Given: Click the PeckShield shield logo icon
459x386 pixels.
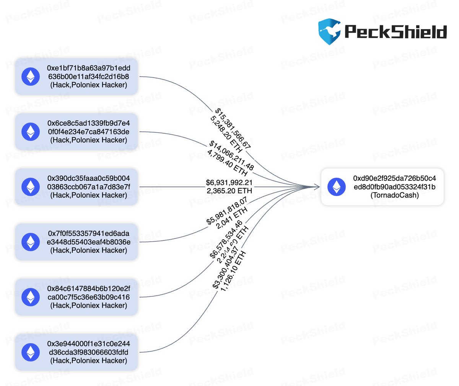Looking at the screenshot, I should [329, 32].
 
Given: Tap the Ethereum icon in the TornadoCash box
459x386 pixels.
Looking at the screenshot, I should [337, 186].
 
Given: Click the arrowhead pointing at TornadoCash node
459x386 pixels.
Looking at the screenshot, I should [317, 187].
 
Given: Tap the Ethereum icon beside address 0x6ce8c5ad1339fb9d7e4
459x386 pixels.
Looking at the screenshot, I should [30, 131].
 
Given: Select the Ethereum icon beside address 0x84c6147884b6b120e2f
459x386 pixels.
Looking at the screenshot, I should [30, 297].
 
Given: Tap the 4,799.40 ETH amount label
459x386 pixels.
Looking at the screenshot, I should [228, 164].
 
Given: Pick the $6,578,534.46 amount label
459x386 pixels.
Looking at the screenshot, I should [226, 239].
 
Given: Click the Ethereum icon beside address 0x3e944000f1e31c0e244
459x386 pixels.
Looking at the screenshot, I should [30, 352].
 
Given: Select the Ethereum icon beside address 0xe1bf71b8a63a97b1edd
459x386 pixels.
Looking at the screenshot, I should [30, 76].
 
